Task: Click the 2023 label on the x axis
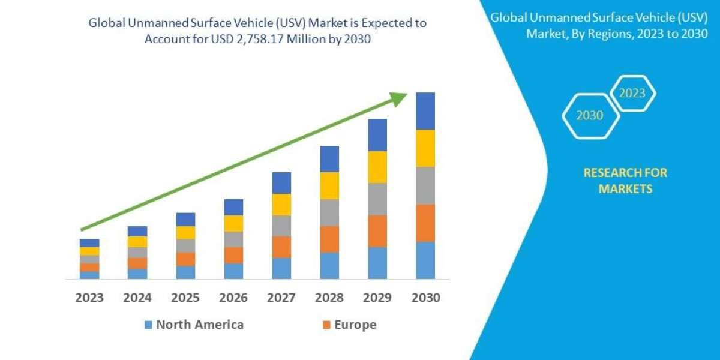[x=89, y=298]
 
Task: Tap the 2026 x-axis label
[x=233, y=298]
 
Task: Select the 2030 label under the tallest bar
[x=425, y=298]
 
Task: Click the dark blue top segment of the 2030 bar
[x=425, y=111]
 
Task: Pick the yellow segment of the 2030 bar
[x=425, y=148]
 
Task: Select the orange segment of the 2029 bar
[x=377, y=231]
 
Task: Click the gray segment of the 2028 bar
[x=329, y=212]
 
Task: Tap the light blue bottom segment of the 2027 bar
[x=281, y=268]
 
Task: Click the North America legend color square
[x=148, y=325]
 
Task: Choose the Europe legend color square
[x=326, y=325]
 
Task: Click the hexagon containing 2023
[x=632, y=93]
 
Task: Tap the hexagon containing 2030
[x=590, y=116]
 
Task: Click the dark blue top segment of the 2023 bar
[x=89, y=243]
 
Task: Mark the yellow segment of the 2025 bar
[x=185, y=233]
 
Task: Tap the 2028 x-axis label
[x=329, y=298]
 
